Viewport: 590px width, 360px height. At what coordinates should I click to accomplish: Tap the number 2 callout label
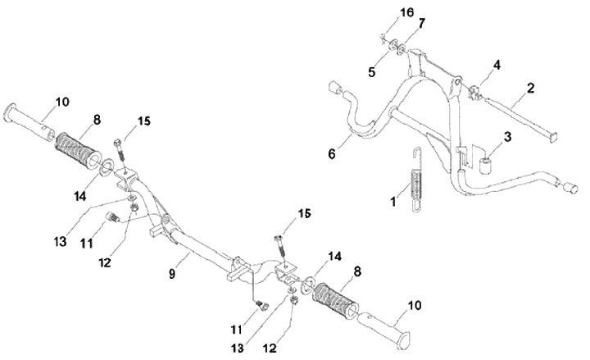click(530, 86)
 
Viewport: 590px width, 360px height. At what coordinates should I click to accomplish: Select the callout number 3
click(510, 136)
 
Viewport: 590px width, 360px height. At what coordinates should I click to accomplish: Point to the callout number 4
click(496, 63)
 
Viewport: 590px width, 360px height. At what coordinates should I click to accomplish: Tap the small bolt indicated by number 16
click(383, 37)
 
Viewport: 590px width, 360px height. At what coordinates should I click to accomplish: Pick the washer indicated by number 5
click(392, 45)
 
